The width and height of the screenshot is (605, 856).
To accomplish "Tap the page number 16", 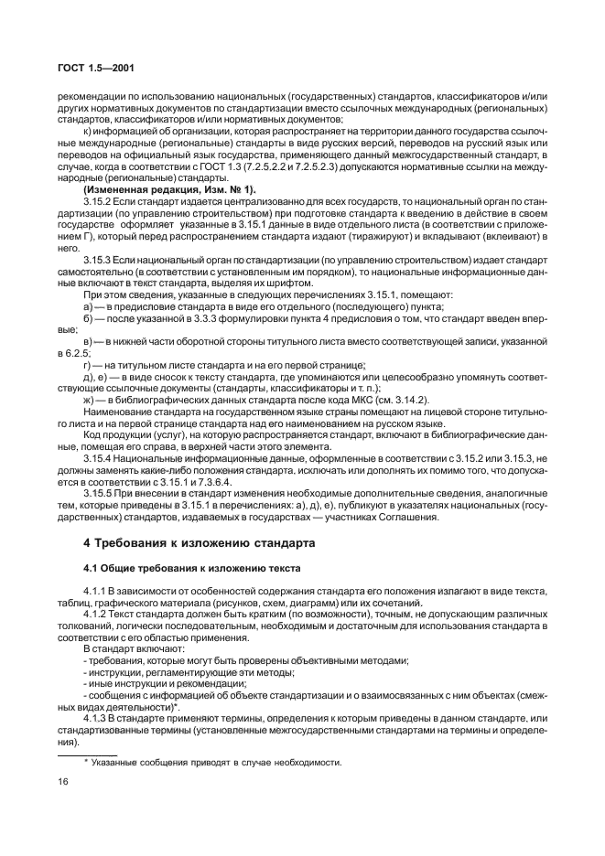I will [x=63, y=781].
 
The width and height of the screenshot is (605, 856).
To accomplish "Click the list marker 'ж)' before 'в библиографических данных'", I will [x=88, y=401].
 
